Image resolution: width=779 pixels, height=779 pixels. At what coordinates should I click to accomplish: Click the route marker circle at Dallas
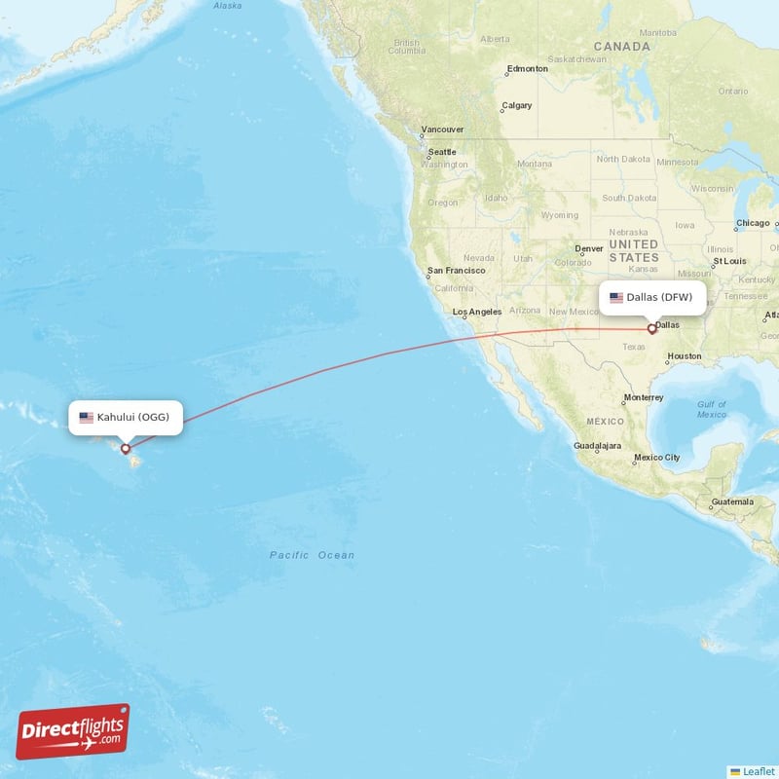[x=651, y=329]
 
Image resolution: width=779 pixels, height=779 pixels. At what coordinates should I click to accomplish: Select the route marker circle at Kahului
[x=125, y=449]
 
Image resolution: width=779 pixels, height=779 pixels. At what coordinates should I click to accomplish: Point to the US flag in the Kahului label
[x=87, y=417]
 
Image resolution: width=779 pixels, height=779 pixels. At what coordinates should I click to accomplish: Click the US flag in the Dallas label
[x=616, y=297]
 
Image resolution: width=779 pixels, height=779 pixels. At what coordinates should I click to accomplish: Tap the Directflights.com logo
[x=73, y=732]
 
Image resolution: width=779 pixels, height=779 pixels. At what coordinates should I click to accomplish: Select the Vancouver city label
[x=442, y=130]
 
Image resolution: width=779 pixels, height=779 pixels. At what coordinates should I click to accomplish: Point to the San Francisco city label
[x=457, y=270]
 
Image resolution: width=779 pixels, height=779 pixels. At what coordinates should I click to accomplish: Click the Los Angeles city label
[x=477, y=312]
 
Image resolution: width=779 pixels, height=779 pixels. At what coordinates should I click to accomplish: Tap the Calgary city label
[x=516, y=106]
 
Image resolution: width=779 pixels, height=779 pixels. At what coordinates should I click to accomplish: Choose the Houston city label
[x=685, y=356]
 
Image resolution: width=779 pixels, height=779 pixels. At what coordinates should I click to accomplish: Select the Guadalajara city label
[x=598, y=445]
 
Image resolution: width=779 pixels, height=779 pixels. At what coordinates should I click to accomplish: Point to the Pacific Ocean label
[x=312, y=555]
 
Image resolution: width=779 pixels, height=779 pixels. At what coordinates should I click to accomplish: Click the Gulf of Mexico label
[x=712, y=409]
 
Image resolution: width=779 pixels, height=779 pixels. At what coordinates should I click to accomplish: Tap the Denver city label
[x=589, y=248]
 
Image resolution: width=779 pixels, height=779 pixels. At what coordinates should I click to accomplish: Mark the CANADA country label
[x=622, y=46]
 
